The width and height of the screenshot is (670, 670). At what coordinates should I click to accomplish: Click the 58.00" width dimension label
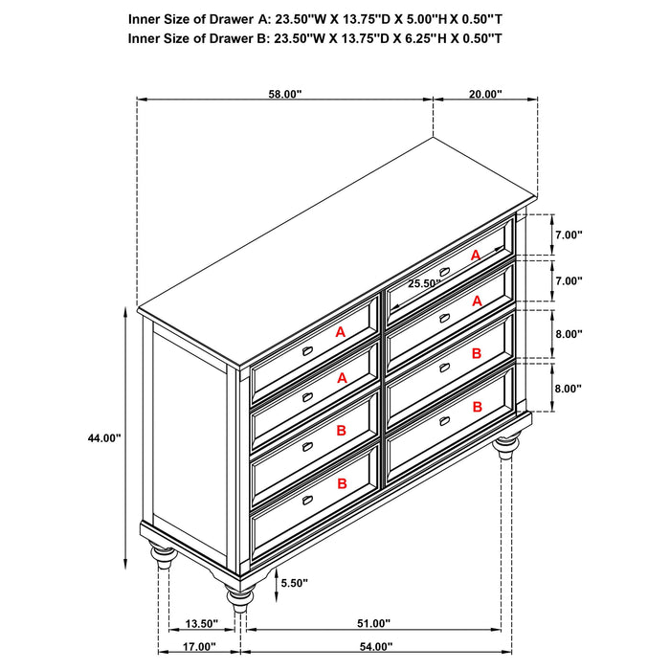click(284, 94)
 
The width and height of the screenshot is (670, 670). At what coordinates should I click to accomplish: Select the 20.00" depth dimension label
click(485, 94)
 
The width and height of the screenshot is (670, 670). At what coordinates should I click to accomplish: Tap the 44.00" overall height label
click(103, 437)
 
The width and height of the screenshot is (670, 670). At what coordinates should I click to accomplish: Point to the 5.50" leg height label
click(295, 581)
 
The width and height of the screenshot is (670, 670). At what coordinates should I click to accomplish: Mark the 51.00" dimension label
click(373, 624)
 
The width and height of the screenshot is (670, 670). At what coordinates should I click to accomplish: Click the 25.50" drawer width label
click(424, 283)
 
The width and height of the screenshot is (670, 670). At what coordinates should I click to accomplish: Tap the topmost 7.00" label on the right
click(568, 234)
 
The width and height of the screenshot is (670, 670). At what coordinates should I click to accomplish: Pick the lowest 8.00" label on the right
click(568, 389)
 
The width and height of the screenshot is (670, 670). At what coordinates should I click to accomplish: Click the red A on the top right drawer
click(475, 255)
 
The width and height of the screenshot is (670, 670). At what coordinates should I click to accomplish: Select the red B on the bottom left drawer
click(341, 485)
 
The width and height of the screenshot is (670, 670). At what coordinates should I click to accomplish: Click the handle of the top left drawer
click(308, 351)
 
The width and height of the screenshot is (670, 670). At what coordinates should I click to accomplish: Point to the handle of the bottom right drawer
click(444, 419)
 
